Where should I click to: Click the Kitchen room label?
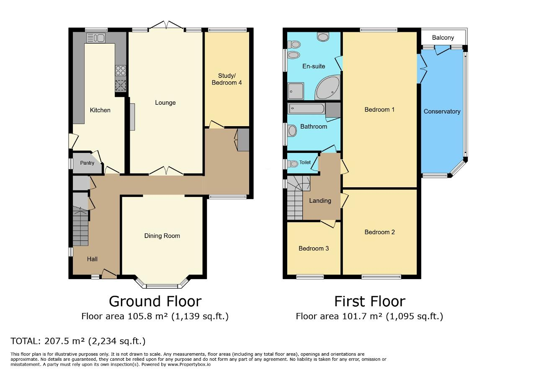click(100, 110)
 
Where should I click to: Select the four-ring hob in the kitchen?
click(121, 70)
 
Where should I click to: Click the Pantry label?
click(87, 163)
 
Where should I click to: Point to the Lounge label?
click(165, 103)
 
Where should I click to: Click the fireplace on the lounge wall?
click(132, 117)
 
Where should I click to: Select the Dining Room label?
click(162, 236)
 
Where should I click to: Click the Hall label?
click(92, 259)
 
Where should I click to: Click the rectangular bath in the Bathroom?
click(306, 109)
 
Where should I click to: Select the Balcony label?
click(443, 38)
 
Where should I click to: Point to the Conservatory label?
click(442, 111)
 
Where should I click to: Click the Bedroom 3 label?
click(313, 248)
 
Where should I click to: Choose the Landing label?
click(320, 201)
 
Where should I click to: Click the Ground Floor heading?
click(155, 301)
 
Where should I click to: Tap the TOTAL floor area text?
click(78, 341)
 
